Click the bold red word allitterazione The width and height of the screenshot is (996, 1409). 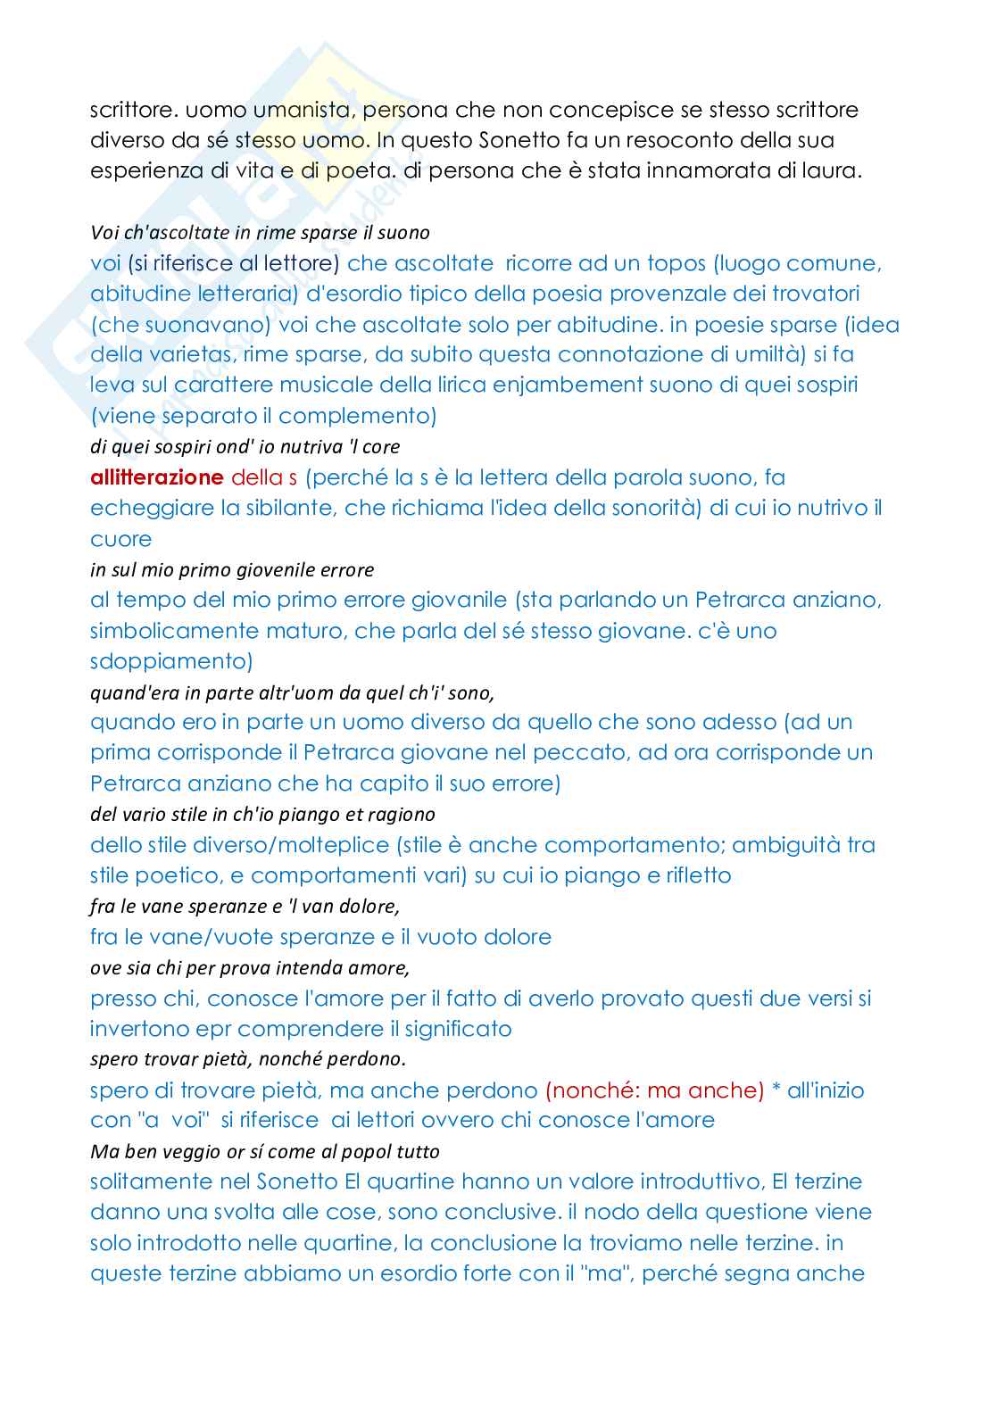pos(156,477)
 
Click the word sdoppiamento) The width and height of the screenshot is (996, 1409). pos(171,661)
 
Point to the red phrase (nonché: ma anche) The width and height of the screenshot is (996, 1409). pos(654,1090)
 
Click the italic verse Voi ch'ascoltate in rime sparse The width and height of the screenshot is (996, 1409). pos(260,233)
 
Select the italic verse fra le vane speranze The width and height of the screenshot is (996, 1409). pos(245,907)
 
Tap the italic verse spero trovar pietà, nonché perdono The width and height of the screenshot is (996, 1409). pos(248,1059)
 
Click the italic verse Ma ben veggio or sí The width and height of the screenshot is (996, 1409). pos(265,1151)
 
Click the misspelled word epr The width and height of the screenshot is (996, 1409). pos(214,1029)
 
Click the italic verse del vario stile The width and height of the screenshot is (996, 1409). pos(262,814)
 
